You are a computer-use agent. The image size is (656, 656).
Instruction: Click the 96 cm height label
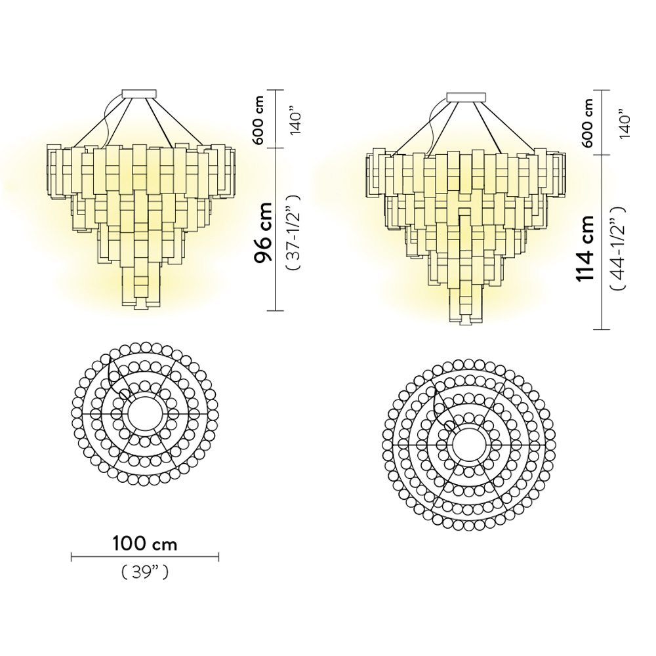pyautogui.click(x=264, y=233)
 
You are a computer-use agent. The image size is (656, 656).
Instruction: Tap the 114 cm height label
pyautogui.click(x=585, y=249)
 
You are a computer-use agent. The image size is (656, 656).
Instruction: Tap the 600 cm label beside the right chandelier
pyautogui.click(x=588, y=123)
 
